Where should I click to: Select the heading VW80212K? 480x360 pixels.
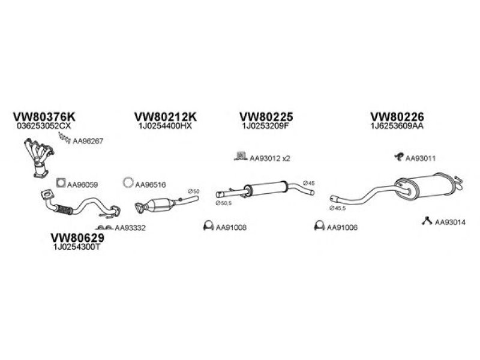(x=166, y=116)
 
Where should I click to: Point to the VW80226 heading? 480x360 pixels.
(x=397, y=116)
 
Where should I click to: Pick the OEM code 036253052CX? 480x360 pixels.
(x=46, y=127)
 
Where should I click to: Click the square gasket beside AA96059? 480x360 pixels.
(x=60, y=182)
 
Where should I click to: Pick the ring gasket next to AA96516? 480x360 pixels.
(x=128, y=182)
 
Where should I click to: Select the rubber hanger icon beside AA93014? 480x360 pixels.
(x=427, y=221)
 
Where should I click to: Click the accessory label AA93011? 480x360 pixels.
(x=420, y=158)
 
